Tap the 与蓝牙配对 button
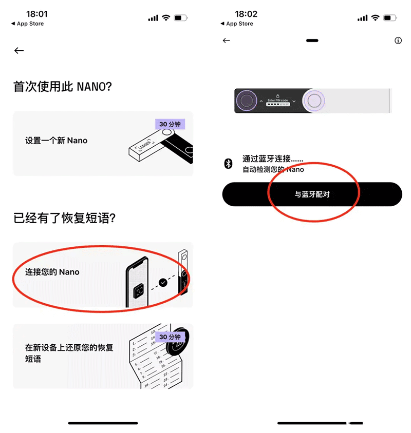[312, 195]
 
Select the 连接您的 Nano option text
[52, 272]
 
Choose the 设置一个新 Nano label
[57, 141]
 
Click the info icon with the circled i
[398, 41]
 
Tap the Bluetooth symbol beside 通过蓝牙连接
[229, 164]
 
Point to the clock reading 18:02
[246, 14]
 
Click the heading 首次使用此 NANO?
[63, 87]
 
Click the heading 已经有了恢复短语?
[64, 218]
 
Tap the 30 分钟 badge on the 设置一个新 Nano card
[170, 124]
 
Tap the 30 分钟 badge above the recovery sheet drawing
[170, 337]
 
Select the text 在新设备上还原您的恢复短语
[69, 353]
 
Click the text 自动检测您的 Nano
[273, 169]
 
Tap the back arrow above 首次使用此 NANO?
[19, 50]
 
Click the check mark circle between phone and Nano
[163, 282]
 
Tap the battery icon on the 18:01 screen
[181, 18]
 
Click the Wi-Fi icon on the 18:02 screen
[376, 18]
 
